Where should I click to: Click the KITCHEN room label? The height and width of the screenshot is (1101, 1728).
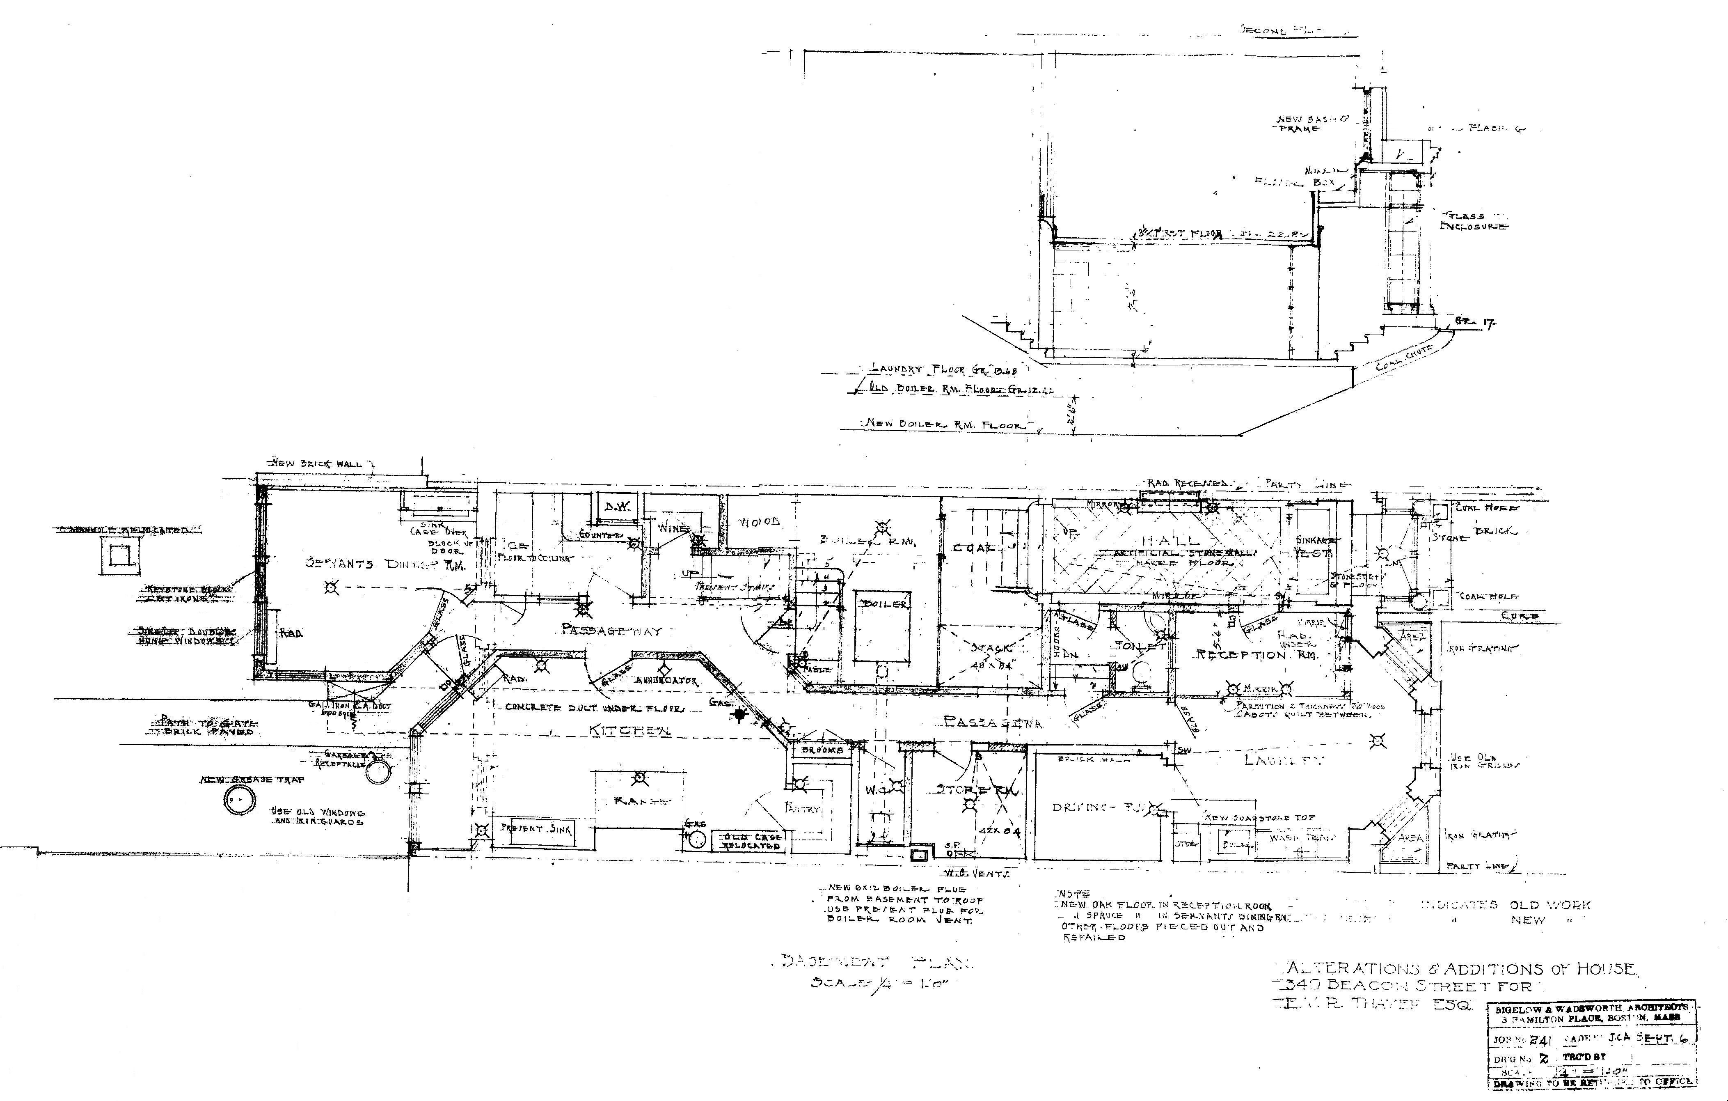(x=630, y=731)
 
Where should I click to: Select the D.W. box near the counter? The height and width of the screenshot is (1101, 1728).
(x=616, y=507)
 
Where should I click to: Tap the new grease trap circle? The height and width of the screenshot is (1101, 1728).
(x=239, y=800)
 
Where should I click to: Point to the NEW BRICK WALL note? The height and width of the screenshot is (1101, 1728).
(x=316, y=463)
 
